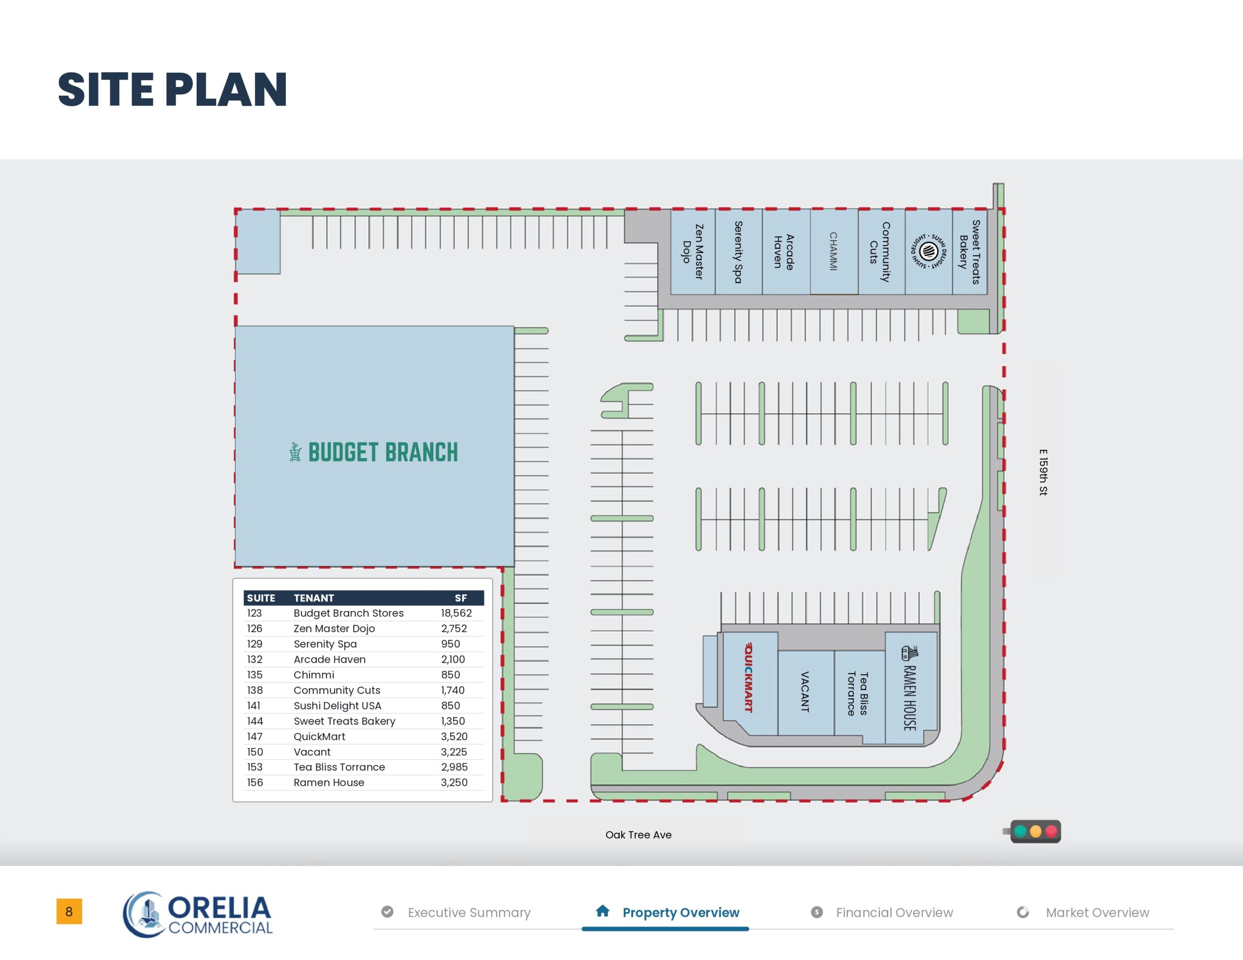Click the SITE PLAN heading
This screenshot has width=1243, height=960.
tap(172, 89)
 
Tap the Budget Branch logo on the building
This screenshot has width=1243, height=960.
tap(373, 452)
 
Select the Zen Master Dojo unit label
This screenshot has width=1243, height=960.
tap(693, 251)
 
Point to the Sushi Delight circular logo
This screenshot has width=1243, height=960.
tap(928, 250)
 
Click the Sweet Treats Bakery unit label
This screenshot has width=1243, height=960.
tap(969, 251)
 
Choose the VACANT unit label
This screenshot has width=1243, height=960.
tap(805, 692)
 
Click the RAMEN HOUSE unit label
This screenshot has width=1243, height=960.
tap(909, 688)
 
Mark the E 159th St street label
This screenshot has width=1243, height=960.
tap(1042, 472)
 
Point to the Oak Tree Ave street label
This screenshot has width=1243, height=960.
tap(638, 835)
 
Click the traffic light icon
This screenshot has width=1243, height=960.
tap(1033, 831)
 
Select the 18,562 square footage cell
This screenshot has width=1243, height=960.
tap(456, 613)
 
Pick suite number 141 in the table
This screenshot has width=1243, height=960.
tap(254, 706)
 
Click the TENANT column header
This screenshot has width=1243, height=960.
tap(314, 598)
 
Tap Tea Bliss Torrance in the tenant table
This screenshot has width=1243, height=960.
tap(339, 767)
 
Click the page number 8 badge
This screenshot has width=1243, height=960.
tap(69, 911)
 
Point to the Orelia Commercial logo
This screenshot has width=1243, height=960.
tap(198, 914)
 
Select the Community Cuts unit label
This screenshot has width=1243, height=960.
tap(879, 251)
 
